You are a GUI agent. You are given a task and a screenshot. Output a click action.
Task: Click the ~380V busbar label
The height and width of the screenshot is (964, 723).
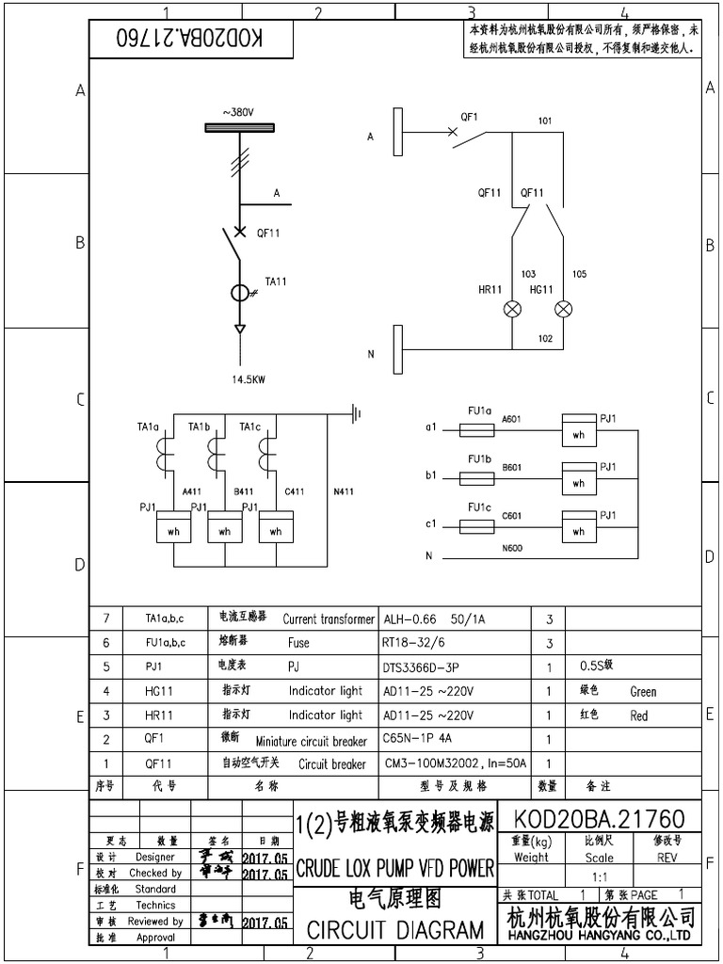pos(239,112)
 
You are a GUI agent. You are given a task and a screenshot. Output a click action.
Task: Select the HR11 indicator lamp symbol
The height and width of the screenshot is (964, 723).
pos(515,309)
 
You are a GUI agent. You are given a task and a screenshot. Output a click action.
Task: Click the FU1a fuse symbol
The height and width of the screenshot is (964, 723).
pos(478,429)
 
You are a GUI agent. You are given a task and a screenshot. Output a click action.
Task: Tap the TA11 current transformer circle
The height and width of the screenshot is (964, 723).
pos(240,293)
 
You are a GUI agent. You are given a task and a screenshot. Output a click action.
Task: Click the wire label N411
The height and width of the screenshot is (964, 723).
pos(345,490)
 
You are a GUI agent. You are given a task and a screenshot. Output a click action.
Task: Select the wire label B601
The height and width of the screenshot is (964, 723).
pos(512,466)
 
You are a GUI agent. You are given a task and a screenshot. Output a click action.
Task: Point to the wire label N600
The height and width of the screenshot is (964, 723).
pos(512,547)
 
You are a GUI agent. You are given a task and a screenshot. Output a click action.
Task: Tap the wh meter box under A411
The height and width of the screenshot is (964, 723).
pos(173,531)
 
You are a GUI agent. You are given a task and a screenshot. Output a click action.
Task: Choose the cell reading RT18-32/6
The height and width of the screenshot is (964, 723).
pos(414,643)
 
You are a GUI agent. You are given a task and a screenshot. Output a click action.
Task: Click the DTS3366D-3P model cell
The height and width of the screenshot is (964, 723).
pos(423,667)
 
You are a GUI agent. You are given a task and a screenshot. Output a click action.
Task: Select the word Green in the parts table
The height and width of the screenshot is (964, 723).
pos(643,691)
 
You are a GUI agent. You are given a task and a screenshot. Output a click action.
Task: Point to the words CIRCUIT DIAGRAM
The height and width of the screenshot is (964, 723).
pos(394,931)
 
